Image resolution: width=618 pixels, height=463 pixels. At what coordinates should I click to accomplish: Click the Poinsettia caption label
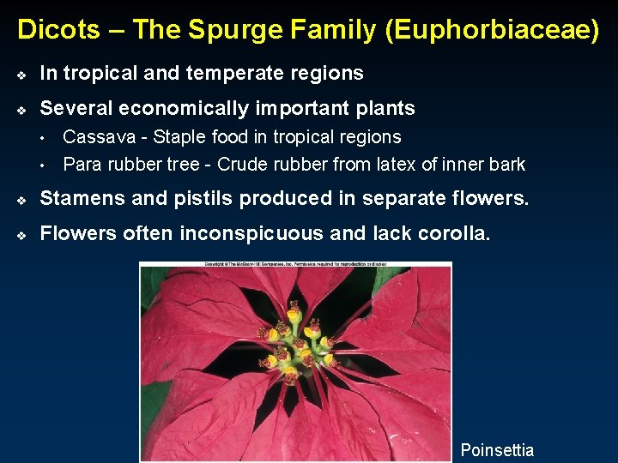[497, 450]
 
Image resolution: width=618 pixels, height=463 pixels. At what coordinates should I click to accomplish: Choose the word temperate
[225, 74]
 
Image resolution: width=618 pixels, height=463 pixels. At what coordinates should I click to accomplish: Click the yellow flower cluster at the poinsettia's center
[296, 343]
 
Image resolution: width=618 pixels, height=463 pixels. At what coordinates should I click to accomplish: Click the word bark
[506, 165]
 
